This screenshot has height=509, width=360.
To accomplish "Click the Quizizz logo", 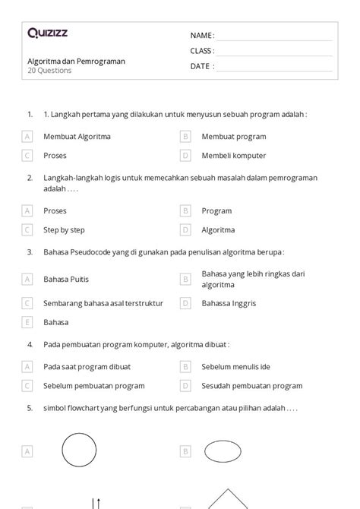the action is (47, 33).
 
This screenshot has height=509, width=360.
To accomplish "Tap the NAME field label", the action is (202, 36).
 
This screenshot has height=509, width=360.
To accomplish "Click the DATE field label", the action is (201, 66).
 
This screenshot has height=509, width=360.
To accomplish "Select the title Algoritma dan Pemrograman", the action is (75, 61).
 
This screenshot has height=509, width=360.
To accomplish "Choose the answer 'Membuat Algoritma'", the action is (77, 137).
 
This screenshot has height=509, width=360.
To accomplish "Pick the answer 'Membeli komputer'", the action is (233, 156).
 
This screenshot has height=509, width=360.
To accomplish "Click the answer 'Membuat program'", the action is (233, 137).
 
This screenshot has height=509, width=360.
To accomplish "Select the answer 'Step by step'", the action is (64, 229).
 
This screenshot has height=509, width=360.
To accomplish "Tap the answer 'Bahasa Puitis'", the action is (68, 279).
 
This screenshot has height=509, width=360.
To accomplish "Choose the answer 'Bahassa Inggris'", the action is (229, 303).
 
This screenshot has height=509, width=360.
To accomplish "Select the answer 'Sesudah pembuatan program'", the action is (251, 386).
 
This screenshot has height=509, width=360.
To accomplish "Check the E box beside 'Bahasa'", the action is (27, 322).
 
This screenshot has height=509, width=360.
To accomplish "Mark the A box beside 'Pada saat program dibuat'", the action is (27, 367).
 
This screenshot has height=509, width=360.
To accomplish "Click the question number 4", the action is (30, 344).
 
